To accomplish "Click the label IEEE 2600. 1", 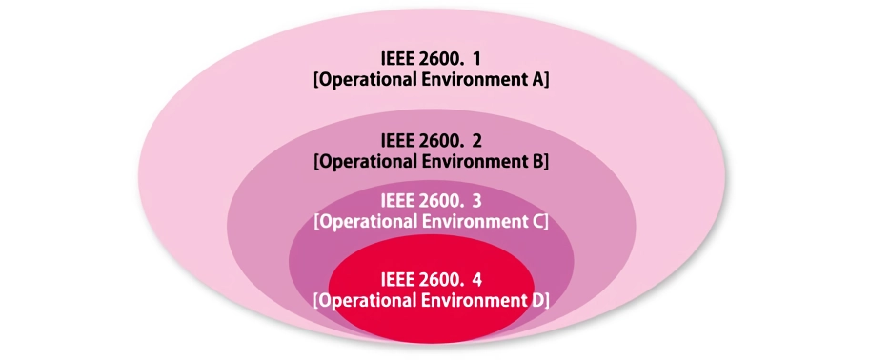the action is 431,59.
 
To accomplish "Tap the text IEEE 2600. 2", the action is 431,141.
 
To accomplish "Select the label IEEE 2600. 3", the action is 431,201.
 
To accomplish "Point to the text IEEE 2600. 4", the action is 431,280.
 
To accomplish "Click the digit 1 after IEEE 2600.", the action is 477,59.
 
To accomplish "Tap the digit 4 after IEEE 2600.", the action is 477,280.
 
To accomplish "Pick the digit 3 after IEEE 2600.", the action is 477,201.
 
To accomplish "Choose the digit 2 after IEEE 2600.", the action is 477,141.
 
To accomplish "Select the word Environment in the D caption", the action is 473,301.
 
